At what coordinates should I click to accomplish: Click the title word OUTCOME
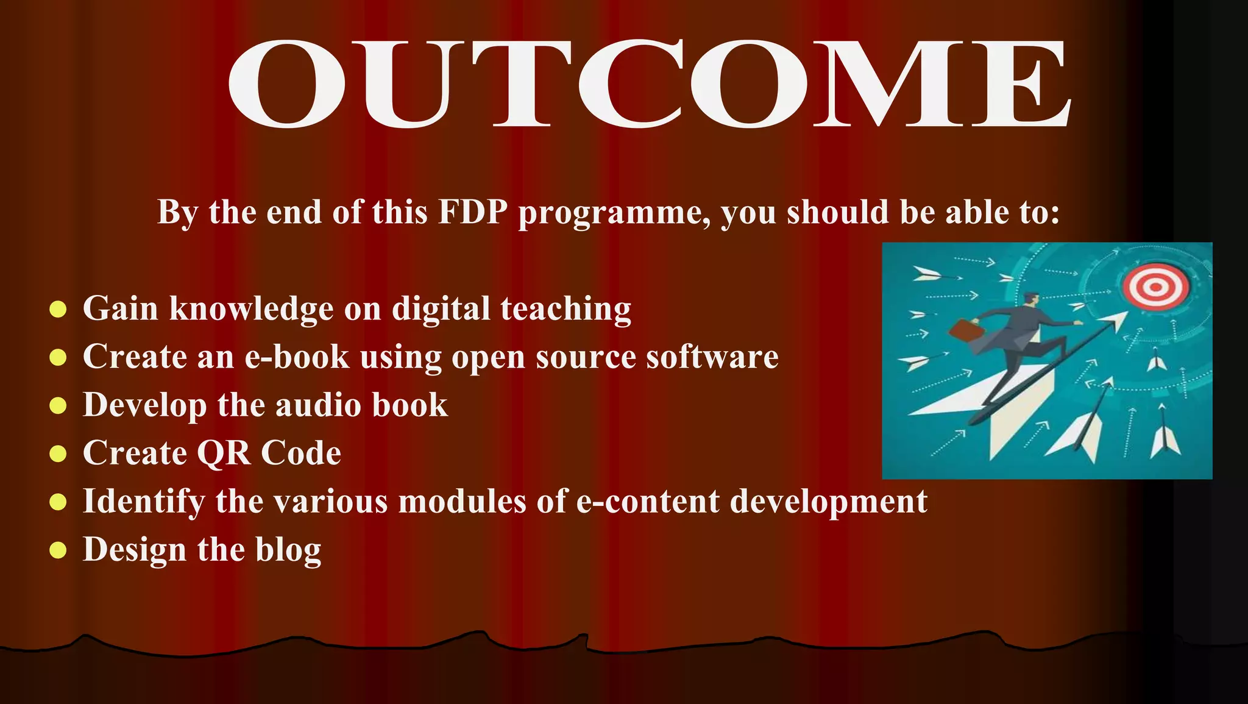[649, 85]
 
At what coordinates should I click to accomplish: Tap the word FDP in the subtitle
[473, 213]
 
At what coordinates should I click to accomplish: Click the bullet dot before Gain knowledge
[58, 309]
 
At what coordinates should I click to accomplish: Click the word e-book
[297, 357]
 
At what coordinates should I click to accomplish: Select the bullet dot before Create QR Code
[58, 454]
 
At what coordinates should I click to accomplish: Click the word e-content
[647, 502]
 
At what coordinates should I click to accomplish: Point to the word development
[828, 502]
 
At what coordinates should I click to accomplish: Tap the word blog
[288, 550]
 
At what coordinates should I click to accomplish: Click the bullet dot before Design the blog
[58, 550]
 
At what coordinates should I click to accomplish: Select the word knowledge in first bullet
[251, 309]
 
